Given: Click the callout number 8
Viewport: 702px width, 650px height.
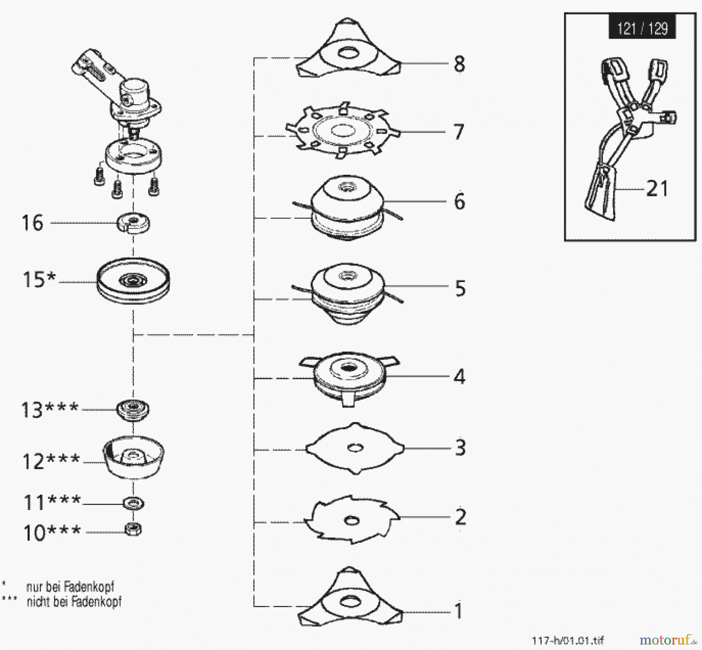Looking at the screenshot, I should pos(459,64).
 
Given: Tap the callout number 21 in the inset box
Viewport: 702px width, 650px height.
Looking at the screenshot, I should pos(657,189).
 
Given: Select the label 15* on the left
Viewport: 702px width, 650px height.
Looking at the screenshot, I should pos(39,280).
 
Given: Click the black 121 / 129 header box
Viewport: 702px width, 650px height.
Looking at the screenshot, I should pos(642,28).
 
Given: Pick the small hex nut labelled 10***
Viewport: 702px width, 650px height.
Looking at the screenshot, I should pos(133,529).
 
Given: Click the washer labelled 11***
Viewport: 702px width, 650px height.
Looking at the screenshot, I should pos(133,503).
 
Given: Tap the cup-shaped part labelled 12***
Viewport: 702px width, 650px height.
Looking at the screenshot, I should pos(133,456).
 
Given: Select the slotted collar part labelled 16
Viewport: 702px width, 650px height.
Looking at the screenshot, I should pos(134,223).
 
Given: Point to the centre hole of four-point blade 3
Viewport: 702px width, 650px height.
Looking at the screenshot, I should pos(355,448).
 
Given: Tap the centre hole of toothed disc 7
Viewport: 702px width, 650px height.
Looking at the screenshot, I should pos(343,131).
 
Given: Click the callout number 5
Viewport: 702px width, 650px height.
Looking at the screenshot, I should pos(460,288).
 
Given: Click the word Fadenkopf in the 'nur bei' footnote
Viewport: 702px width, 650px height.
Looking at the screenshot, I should pos(89,587).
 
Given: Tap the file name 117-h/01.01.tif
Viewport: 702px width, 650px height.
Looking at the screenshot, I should pos(567,640).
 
